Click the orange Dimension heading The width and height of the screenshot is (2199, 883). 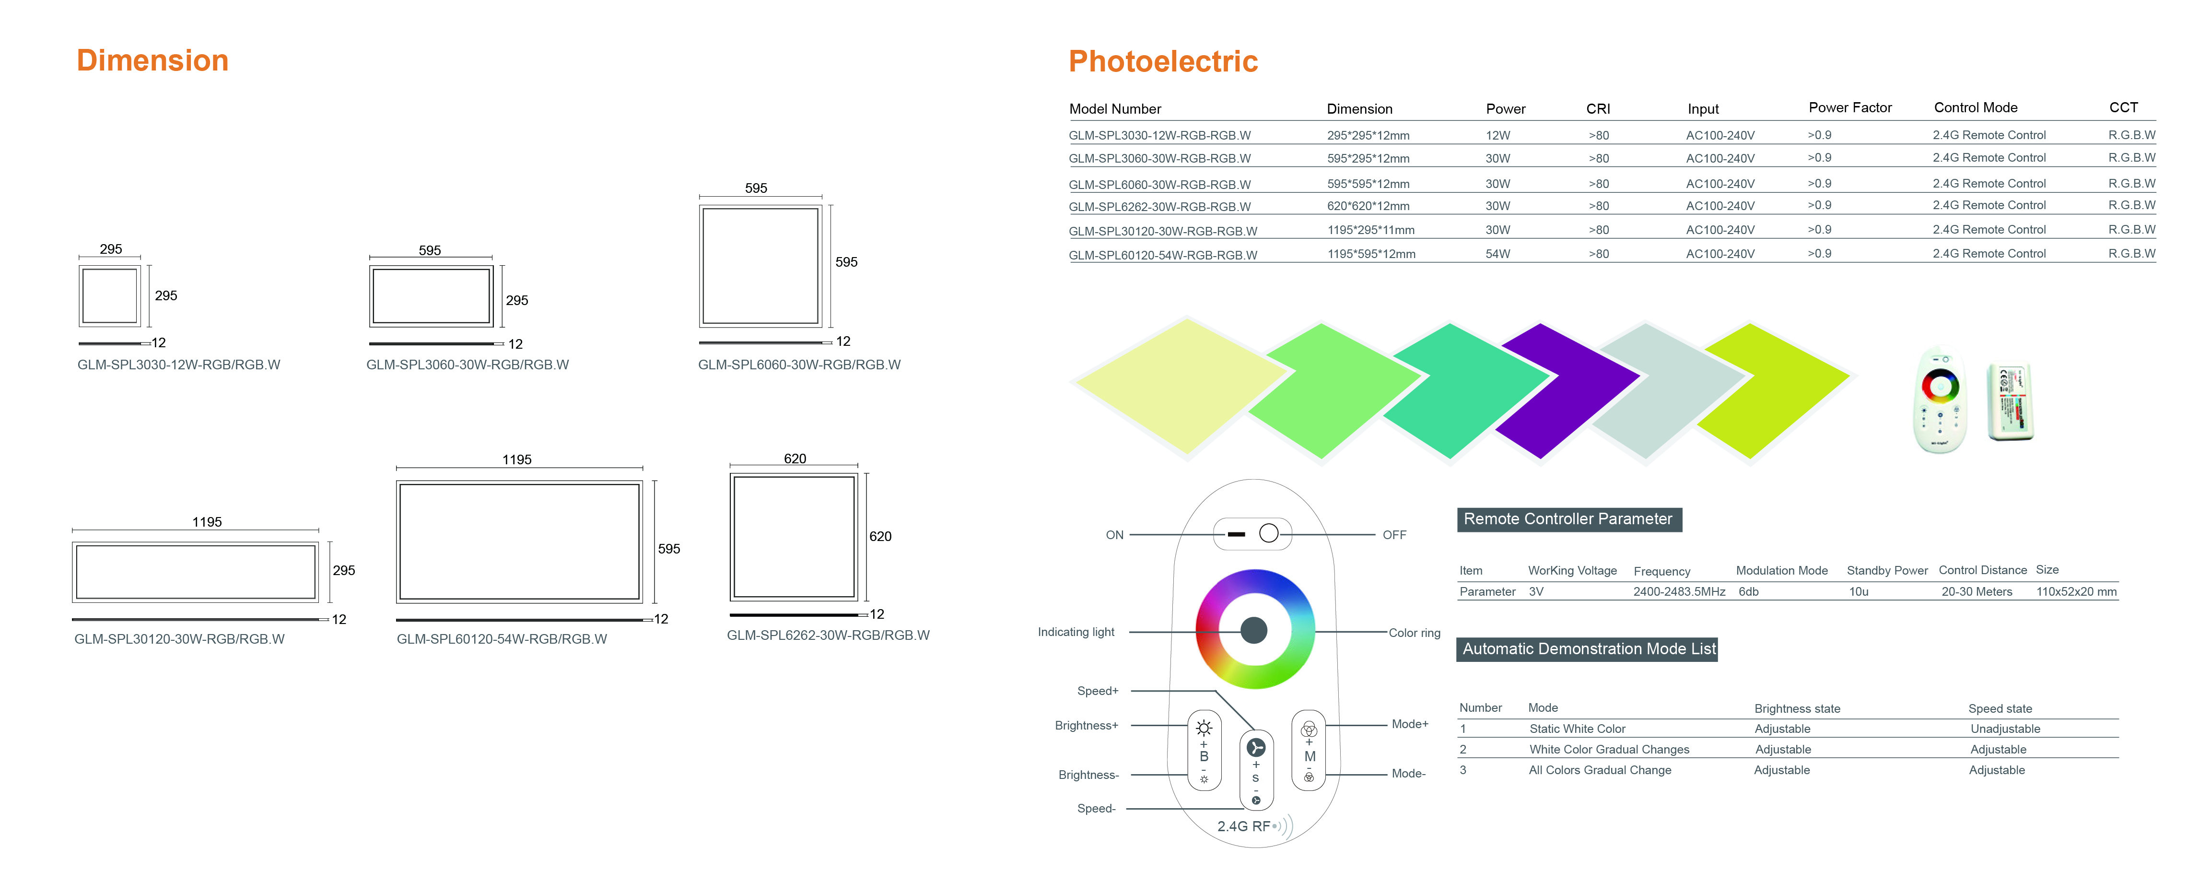pyautogui.click(x=153, y=60)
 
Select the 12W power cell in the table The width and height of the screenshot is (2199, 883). pyautogui.click(x=1497, y=135)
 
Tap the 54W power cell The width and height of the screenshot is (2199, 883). pyautogui.click(x=1497, y=254)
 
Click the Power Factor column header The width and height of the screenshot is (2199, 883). pyautogui.click(x=1850, y=107)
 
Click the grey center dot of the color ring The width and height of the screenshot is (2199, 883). pyautogui.click(x=1254, y=630)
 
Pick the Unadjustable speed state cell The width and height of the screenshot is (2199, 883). pyautogui.click(x=2005, y=729)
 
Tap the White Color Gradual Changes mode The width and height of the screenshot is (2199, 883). pyautogui.click(x=1609, y=749)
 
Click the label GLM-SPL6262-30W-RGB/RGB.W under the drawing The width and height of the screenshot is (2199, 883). pyautogui.click(x=828, y=636)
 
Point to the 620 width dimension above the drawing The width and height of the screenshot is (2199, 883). pyautogui.click(x=795, y=459)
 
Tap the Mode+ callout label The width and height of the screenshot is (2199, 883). pyautogui.click(x=1409, y=724)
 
